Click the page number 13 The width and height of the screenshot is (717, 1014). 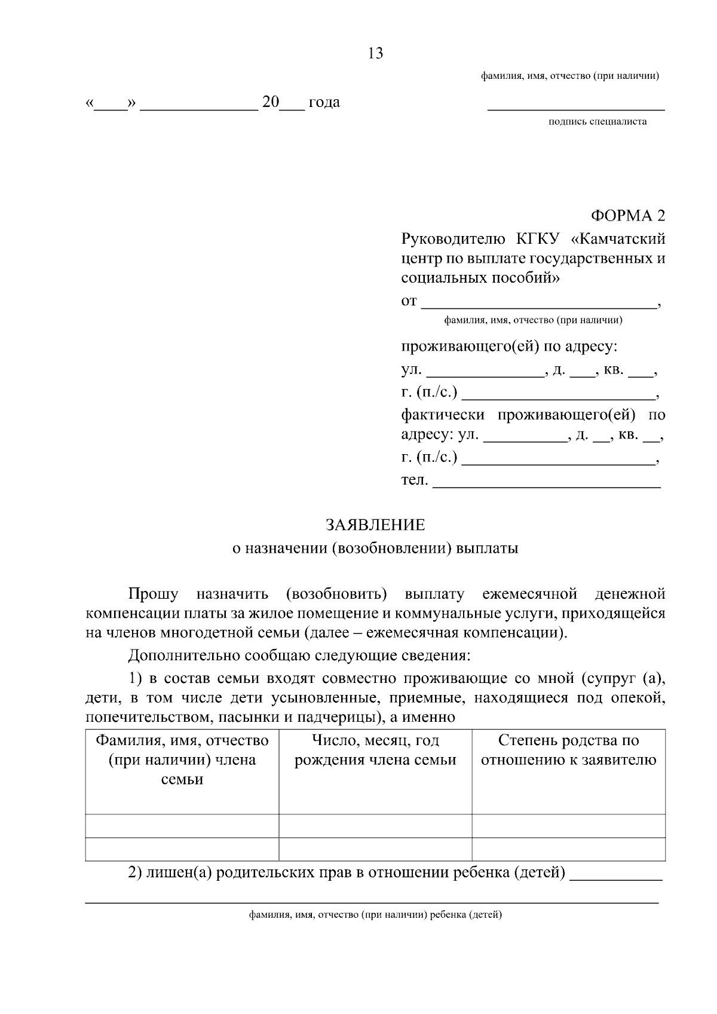[375, 54]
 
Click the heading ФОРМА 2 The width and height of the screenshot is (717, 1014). [627, 215]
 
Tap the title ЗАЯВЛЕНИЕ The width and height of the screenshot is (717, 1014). [375, 525]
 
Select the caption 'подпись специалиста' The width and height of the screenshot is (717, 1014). [597, 122]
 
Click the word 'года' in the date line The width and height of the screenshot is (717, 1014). [324, 102]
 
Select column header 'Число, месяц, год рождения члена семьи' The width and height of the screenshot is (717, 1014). [375, 750]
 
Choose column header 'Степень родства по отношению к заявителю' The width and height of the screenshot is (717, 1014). [568, 750]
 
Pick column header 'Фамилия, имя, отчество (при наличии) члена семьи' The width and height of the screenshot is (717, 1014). [182, 760]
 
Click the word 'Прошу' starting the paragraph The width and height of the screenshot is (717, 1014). [153, 595]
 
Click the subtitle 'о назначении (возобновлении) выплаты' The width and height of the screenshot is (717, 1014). [375, 549]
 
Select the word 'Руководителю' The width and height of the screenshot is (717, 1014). [453, 239]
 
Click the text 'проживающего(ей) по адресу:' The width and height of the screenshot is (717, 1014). [509, 347]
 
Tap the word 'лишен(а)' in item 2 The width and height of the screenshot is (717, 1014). [177, 873]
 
